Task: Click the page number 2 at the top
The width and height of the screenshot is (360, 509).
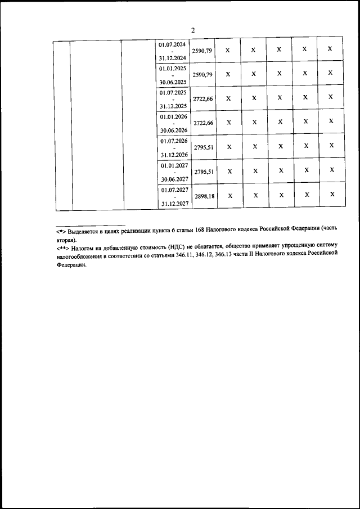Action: pos(192,30)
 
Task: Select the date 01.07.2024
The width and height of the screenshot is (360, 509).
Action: pos(173,44)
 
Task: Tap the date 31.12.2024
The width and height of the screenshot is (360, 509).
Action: pos(173,58)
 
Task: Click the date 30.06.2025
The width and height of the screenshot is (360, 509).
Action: pos(173,82)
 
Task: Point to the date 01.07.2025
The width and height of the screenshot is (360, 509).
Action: pos(173,92)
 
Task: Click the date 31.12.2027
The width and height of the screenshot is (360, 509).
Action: pos(173,204)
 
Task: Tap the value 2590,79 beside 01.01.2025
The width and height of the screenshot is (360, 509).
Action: pos(203,75)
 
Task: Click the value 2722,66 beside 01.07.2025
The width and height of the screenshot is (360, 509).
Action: pos(203,99)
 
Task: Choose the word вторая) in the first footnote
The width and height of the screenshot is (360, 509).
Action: pos(66,239)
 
